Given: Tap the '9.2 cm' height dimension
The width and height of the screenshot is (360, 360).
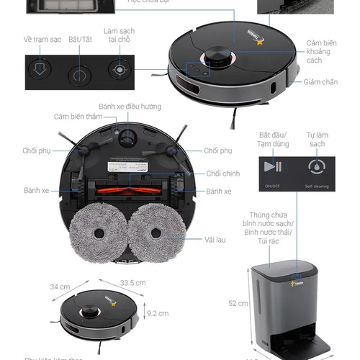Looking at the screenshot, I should pos(158,313).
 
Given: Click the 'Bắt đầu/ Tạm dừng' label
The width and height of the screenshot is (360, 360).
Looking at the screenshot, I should pos(272,139).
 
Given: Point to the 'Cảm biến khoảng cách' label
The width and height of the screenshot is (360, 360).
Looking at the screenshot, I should pos(322,52).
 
